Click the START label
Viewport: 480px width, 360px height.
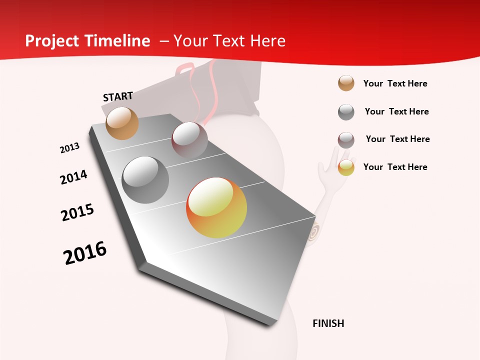[x=118, y=96]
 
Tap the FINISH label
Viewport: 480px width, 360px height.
[x=328, y=323]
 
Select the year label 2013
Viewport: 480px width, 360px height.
[x=69, y=148]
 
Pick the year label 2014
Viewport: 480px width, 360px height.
[x=73, y=177]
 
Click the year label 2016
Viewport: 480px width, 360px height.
[x=85, y=253]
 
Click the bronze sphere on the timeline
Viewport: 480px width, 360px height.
[x=122, y=123]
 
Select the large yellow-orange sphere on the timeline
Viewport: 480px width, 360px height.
[x=216, y=207]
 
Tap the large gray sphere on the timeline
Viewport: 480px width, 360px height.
[x=145, y=180]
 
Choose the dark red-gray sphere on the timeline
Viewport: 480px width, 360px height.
[x=189, y=140]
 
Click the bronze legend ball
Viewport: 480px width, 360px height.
[x=346, y=83]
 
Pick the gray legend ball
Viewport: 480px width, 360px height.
[x=346, y=112]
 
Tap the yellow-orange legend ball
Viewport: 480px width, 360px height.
[x=346, y=167]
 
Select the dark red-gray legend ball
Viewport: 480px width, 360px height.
[x=346, y=140]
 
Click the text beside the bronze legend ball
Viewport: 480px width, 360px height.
[x=395, y=83]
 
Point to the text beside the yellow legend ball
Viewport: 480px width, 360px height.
[x=395, y=167]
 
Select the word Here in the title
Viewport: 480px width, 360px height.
[x=267, y=41]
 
